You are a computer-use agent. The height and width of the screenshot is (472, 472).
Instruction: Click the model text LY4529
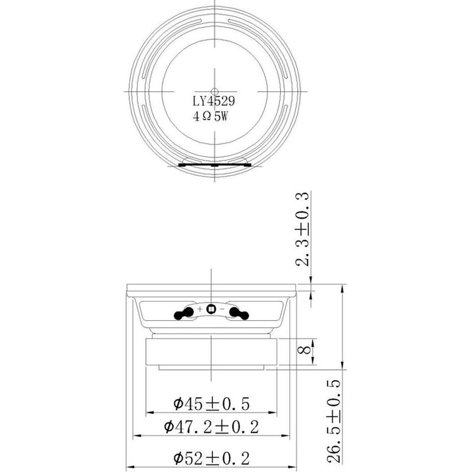click(x=212, y=102)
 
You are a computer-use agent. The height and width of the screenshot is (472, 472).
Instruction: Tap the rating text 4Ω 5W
click(x=210, y=117)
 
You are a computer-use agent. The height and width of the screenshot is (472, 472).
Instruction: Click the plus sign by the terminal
click(x=201, y=309)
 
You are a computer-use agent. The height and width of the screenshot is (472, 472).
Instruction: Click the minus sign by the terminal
click(x=222, y=309)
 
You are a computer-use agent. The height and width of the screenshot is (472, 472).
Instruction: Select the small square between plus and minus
click(x=211, y=309)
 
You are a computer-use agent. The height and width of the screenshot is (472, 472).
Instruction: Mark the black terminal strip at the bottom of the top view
click(x=212, y=165)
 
